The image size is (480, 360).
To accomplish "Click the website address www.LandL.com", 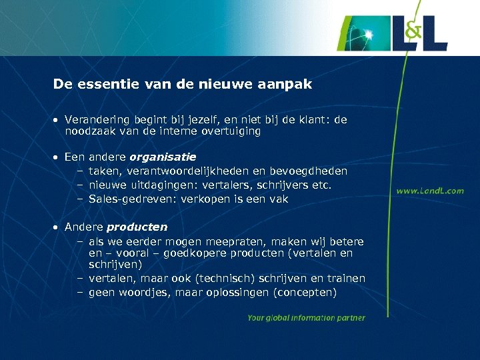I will [430, 191].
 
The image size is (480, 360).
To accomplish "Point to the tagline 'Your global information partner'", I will [306, 318].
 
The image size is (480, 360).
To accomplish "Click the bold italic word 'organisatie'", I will [163, 157].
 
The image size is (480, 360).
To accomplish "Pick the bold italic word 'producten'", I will [137, 227].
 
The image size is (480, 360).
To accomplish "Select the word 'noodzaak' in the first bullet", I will [89, 131].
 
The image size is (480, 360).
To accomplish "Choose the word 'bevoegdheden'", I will [311, 171].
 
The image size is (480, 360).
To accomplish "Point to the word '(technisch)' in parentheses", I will [233, 279].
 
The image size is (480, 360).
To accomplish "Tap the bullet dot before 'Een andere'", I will [57, 158].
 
